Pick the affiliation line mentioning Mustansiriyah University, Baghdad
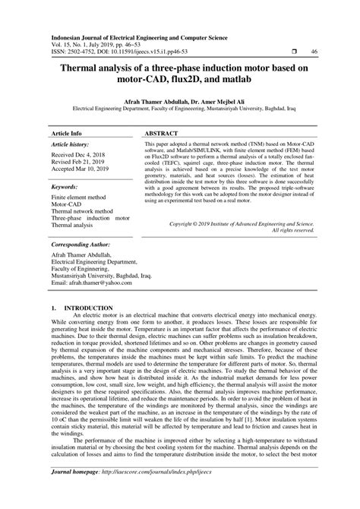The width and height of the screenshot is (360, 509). click(180, 109)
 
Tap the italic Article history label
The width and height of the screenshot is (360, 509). click(73, 144)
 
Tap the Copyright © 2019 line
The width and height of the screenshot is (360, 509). click(240, 225)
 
